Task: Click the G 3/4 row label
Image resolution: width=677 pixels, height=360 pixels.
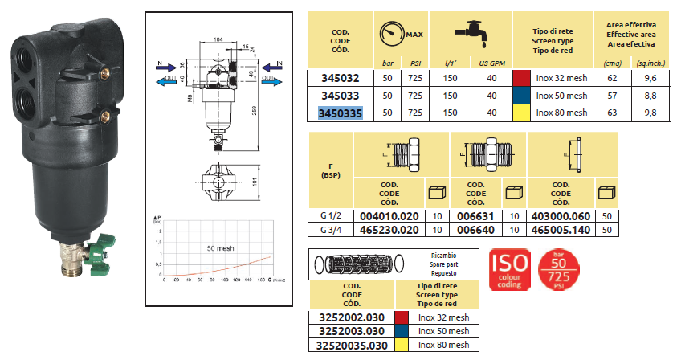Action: [x=331, y=230]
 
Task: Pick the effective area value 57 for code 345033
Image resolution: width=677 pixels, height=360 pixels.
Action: [x=613, y=96]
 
